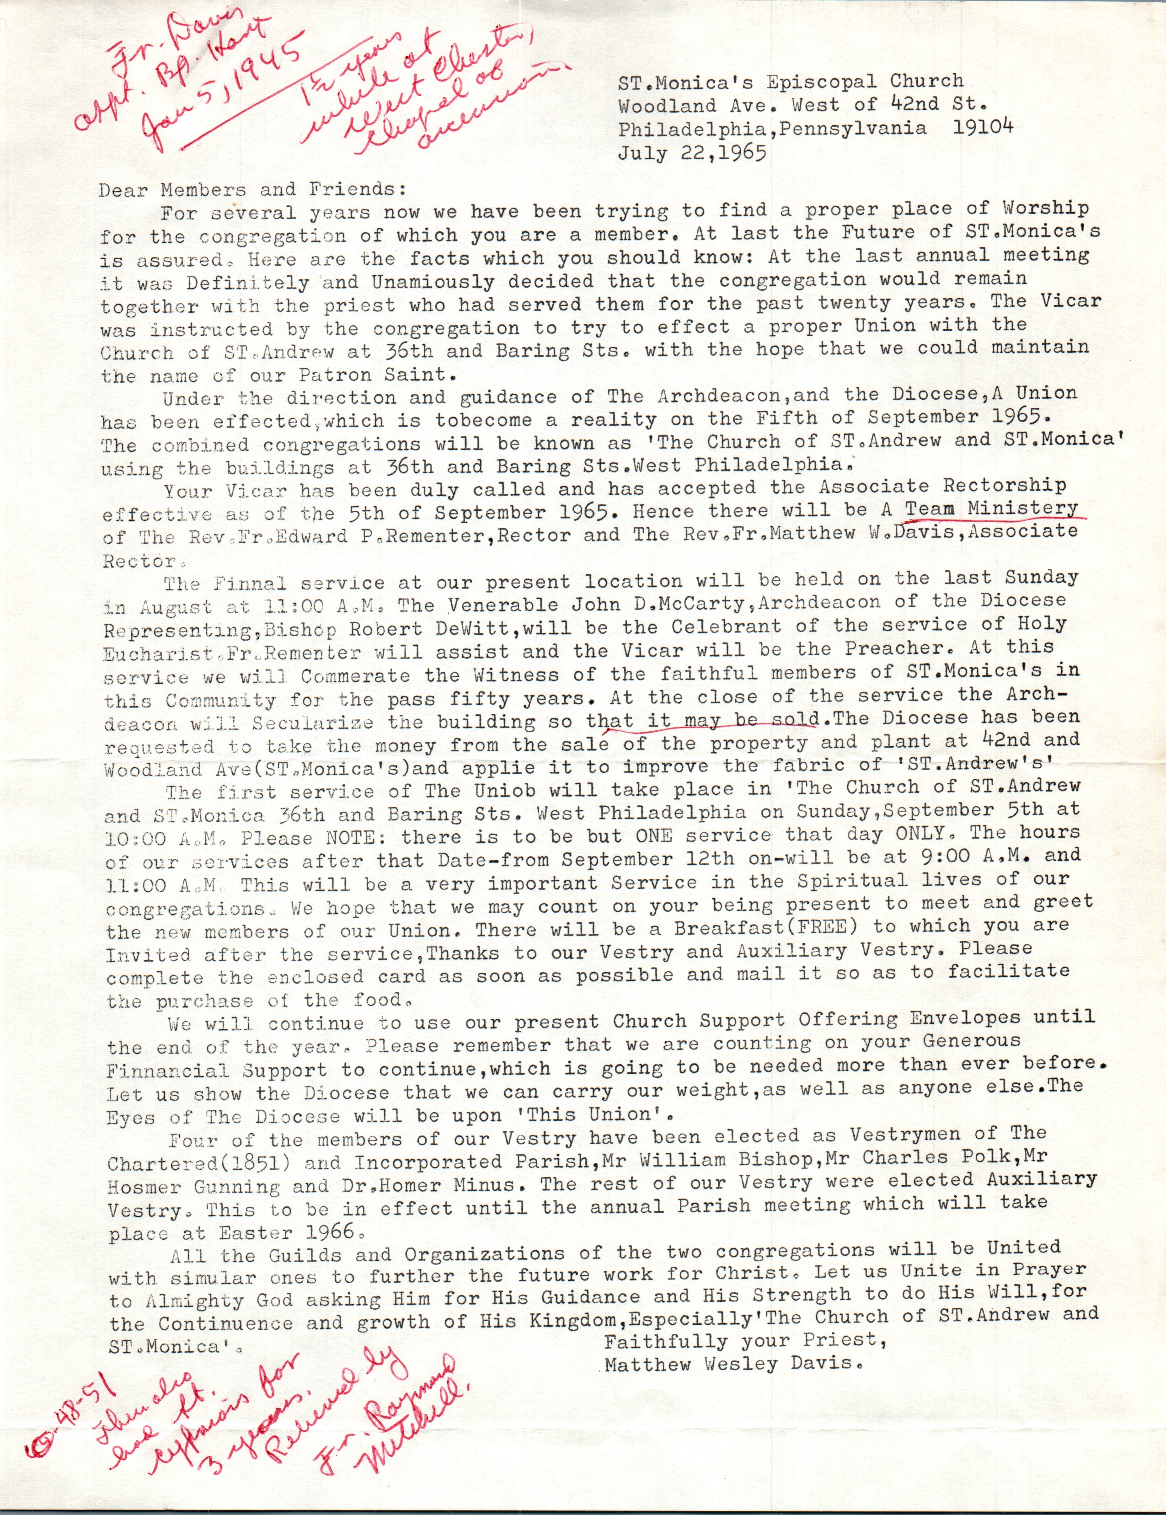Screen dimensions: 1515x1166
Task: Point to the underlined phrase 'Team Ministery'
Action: point(991,509)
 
